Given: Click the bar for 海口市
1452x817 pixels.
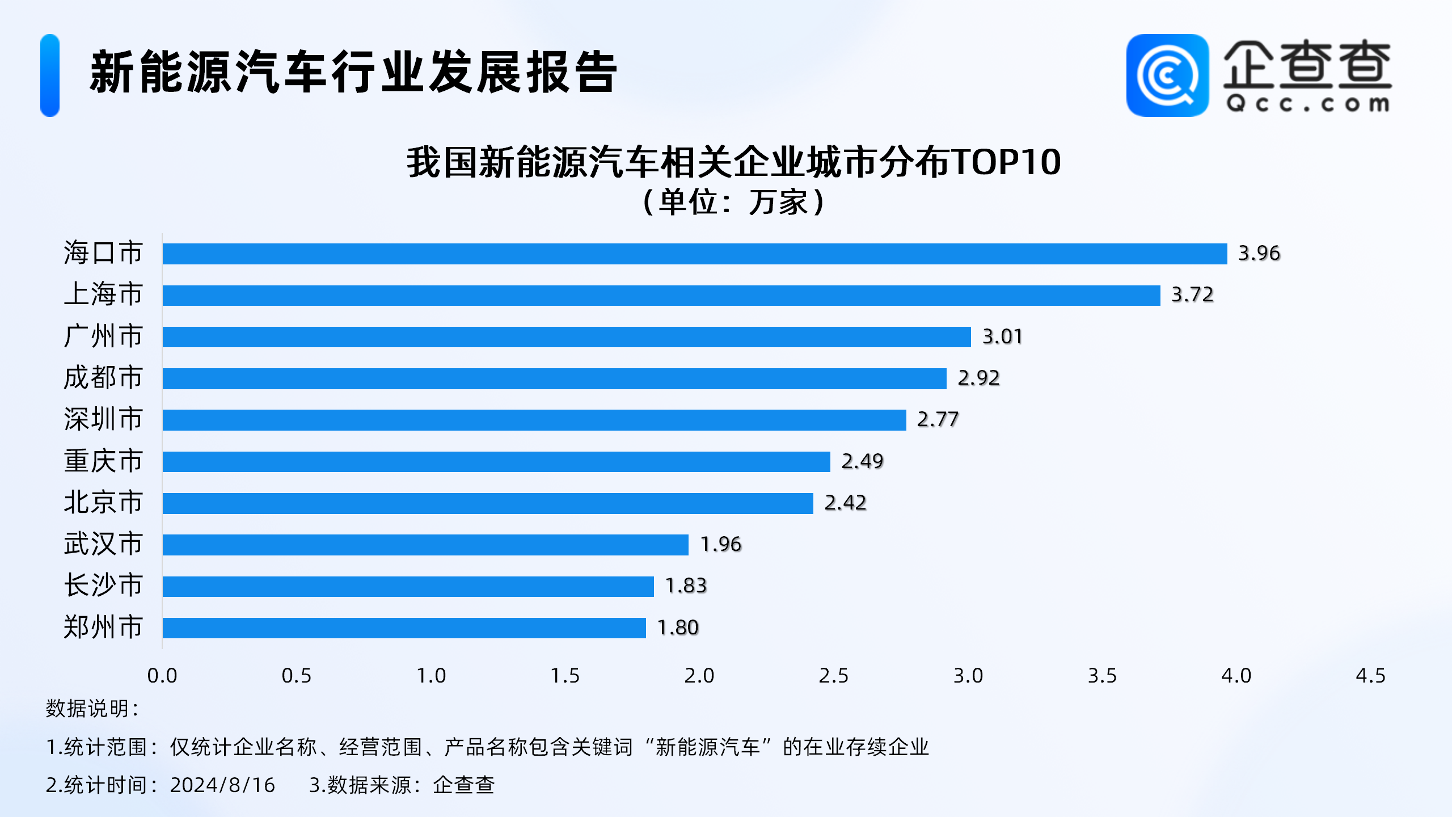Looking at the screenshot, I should coord(694,254).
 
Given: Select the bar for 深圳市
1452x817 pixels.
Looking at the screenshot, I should coord(534,420).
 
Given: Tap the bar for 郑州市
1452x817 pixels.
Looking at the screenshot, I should coord(404,628).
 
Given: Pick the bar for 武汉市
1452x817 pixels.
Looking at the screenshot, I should coord(425,545).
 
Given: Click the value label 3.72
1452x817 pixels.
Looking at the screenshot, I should coord(1192,295).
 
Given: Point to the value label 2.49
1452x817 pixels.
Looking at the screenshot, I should coord(862,461).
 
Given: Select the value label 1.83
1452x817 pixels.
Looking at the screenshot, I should coord(686,586).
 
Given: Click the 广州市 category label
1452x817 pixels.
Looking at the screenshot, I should coord(103,336).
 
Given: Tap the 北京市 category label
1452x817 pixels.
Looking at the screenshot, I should coord(103,503).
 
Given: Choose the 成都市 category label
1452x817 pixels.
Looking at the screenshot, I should coord(103,378).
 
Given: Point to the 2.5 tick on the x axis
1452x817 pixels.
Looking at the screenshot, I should coord(833,676).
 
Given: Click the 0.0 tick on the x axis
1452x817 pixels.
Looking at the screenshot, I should coord(162,676).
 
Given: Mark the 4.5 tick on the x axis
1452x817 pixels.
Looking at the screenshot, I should coord(1370,676).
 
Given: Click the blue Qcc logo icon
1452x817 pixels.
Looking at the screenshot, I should coord(1167,75).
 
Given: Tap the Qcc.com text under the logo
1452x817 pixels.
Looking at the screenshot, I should coord(1307,104).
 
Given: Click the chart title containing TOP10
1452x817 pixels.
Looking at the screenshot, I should coord(733,163).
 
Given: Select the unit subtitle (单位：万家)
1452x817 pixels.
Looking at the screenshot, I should coord(733,202).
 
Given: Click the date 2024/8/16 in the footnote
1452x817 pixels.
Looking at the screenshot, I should coord(222,785).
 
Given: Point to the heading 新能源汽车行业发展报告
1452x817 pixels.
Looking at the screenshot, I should coord(353,73).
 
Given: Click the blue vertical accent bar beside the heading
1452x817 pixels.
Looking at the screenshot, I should coord(50,75).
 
